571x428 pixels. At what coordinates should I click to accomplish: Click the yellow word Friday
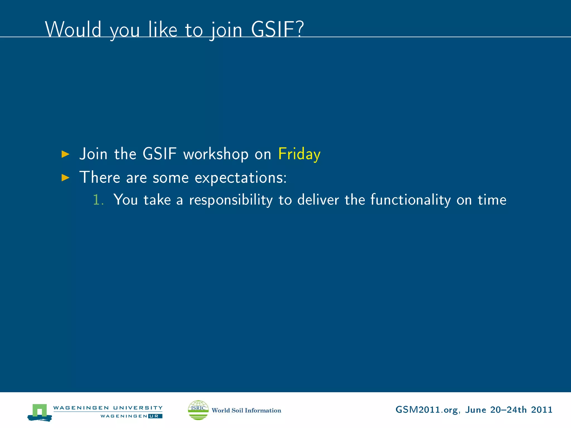coord(299,154)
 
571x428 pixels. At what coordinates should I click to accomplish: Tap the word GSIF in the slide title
coord(277,30)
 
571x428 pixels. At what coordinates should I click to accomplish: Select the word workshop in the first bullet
coord(216,154)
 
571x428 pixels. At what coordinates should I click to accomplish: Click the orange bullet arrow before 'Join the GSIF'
coord(65,154)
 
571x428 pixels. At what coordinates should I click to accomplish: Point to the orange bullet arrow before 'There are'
coord(65,177)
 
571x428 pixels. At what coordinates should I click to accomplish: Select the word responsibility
coord(231,200)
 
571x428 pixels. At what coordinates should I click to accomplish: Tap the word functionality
coord(410,200)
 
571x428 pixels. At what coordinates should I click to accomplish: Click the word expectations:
coord(240,178)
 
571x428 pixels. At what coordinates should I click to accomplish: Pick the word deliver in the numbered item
coord(318,200)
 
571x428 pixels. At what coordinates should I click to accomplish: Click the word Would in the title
coord(73,30)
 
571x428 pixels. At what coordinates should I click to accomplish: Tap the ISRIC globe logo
coord(198,410)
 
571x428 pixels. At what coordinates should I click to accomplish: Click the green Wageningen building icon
coord(40,412)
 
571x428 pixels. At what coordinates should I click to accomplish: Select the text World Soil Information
coord(246,410)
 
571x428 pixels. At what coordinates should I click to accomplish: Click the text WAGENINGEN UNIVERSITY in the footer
coord(108,408)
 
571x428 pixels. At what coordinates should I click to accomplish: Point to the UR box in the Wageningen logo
coord(155,416)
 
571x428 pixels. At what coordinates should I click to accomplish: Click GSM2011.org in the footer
coord(427,410)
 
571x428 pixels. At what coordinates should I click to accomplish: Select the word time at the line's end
coord(492,200)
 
